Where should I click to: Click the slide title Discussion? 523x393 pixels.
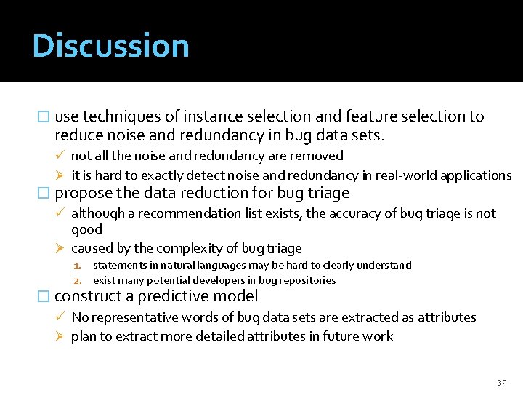click(x=110, y=46)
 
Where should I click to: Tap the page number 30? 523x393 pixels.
click(x=501, y=381)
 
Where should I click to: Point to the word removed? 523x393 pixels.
click(x=319, y=156)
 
